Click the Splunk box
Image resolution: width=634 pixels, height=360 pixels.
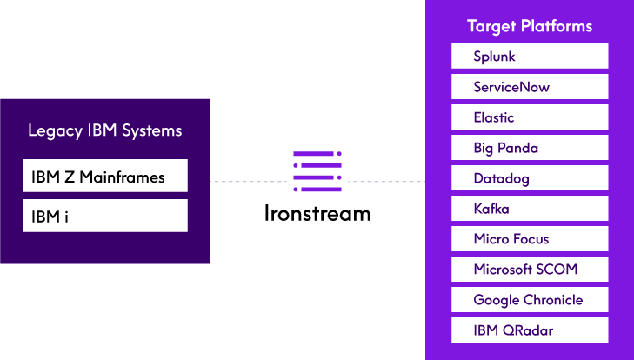coord(529,57)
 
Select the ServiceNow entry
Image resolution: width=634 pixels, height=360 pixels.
coord(529,87)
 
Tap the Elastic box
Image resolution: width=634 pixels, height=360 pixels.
coord(529,117)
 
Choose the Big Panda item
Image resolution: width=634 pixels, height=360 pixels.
coord(529,148)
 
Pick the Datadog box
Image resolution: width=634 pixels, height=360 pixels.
coord(529,178)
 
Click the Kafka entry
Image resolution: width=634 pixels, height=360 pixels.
coord(529,209)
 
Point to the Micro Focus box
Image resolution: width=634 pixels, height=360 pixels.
coord(529,239)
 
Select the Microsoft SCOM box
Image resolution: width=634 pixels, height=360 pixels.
coord(529,270)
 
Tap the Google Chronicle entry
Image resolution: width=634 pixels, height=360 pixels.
coord(529,300)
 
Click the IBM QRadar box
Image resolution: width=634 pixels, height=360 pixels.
coord(529,330)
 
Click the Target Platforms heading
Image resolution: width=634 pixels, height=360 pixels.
coord(530,26)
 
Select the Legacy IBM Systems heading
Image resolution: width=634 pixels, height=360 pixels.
coord(105,131)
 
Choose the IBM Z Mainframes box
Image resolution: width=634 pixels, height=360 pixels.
coord(105,177)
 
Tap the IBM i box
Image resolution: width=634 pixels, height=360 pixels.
coord(105,216)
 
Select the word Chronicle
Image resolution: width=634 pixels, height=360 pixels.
coord(553,300)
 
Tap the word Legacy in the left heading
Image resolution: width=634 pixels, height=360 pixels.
coord(55,131)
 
